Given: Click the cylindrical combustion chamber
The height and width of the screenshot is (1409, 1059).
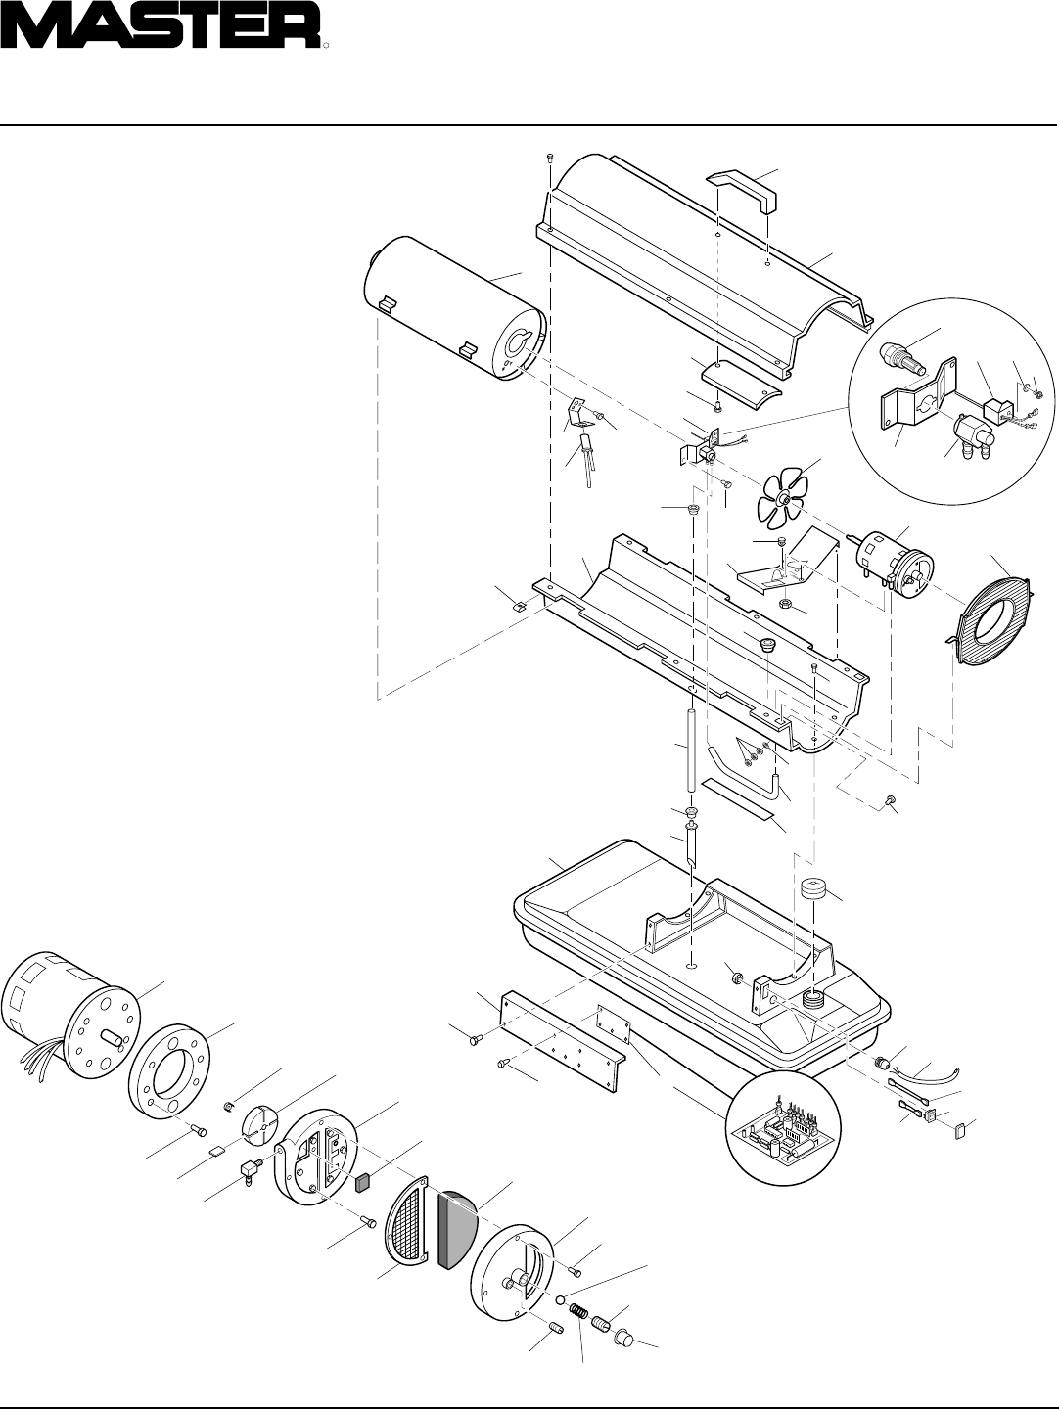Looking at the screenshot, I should point(450,313).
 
